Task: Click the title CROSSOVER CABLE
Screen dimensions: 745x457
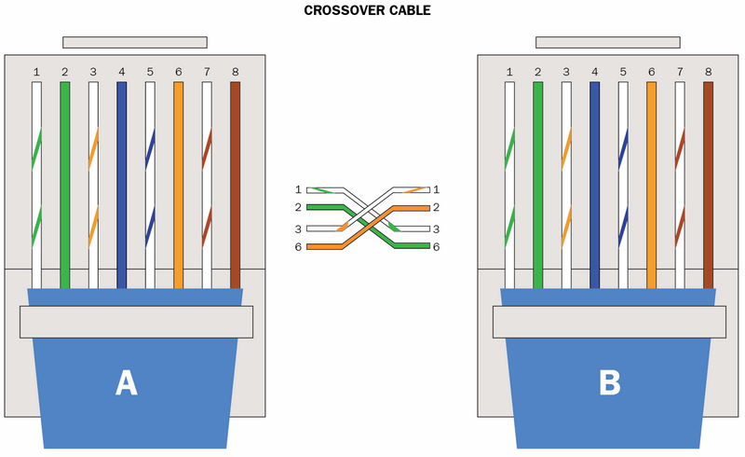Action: [x=367, y=10]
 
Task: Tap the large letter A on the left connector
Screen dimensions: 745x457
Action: [x=127, y=383]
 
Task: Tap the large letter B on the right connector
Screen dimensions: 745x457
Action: [x=610, y=383]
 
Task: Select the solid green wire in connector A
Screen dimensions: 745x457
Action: [x=65, y=186]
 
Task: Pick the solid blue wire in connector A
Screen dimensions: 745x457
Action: [x=122, y=186]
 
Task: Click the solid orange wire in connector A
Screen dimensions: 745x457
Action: [x=178, y=186]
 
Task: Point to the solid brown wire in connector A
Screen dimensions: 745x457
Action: [x=236, y=186]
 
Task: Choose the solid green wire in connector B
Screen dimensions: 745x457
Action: [x=538, y=186]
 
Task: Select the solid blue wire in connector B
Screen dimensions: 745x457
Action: [x=594, y=186]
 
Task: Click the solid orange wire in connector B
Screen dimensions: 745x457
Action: [x=651, y=186]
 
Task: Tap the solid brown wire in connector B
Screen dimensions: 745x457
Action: [x=708, y=186]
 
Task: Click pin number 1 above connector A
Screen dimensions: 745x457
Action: [x=36, y=72]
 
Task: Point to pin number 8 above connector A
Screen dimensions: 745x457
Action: [x=236, y=72]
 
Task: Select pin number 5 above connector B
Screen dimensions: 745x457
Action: [x=623, y=72]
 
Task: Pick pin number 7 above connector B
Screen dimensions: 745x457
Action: [x=680, y=72]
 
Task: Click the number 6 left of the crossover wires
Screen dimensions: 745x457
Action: [x=298, y=246]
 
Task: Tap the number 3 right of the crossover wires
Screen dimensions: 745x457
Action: [x=436, y=229]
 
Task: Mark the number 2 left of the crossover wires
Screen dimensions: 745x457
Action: [x=298, y=207]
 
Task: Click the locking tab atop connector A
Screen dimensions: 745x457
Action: [x=135, y=42]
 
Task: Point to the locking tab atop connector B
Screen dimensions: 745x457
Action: [x=608, y=42]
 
